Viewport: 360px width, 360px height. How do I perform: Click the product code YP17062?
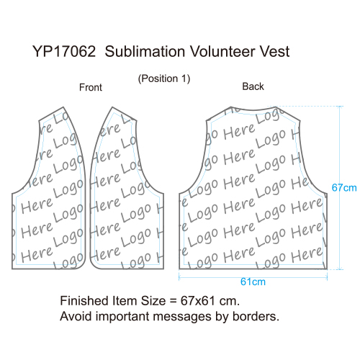point(64,51)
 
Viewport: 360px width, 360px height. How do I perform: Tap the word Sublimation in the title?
point(145,51)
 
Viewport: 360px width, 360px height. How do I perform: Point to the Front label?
point(91,87)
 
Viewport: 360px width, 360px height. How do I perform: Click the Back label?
point(253,86)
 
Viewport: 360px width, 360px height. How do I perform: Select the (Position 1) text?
point(164,78)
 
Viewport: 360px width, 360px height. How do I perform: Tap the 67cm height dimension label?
point(344,188)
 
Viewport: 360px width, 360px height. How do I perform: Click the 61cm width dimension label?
point(253,282)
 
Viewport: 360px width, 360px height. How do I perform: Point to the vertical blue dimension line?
point(340,188)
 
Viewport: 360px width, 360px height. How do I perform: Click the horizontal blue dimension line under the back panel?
point(253,277)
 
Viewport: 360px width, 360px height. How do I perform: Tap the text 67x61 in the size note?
point(197,301)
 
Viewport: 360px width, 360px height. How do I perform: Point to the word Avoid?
point(76,316)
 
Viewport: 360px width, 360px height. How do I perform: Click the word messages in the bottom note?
point(182,317)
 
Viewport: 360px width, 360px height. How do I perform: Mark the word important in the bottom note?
point(122,317)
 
